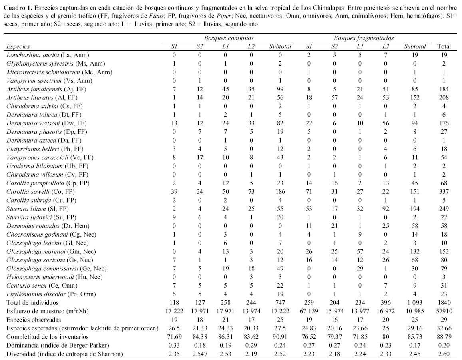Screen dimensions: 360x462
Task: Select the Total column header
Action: click(444, 46)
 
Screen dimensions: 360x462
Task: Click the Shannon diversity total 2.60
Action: click(444, 354)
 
